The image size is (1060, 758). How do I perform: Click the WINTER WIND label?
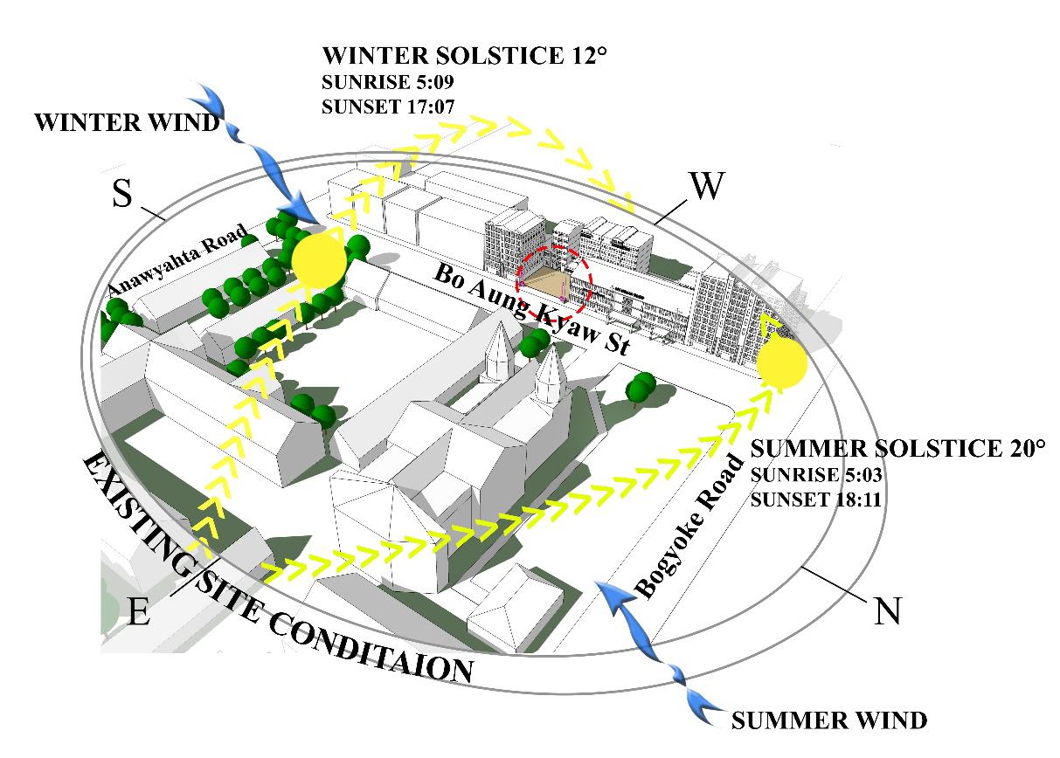click(128, 123)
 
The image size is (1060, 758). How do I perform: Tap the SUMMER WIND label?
click(828, 720)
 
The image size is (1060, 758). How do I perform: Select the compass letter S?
click(122, 196)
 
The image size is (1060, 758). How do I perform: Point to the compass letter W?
click(707, 186)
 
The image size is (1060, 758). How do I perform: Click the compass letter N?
click(888, 610)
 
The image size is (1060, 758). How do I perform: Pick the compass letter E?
click(138, 612)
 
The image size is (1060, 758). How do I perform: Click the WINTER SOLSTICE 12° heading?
click(464, 57)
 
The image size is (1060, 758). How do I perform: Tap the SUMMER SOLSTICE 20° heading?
click(897, 449)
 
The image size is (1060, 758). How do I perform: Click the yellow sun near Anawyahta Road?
click(320, 259)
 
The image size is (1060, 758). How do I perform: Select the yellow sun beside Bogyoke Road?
click(781, 364)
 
